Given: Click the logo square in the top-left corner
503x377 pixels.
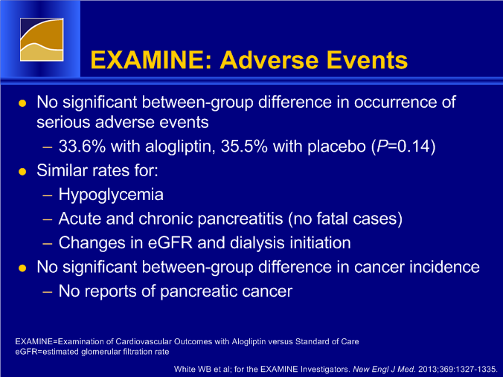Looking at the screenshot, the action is coord(42,39).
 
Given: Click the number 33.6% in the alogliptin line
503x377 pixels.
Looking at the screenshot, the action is coord(82,146).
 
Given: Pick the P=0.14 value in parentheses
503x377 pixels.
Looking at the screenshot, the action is coord(403,146).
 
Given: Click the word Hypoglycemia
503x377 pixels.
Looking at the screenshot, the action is coord(111,195).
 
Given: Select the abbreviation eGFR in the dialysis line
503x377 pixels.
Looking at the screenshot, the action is coord(170,242).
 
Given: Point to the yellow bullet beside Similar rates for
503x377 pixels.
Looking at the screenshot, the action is coord(22,172).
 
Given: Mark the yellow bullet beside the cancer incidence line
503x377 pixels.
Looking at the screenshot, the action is coord(22,268).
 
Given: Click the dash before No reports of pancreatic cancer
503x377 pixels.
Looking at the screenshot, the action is coord(48,291).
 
